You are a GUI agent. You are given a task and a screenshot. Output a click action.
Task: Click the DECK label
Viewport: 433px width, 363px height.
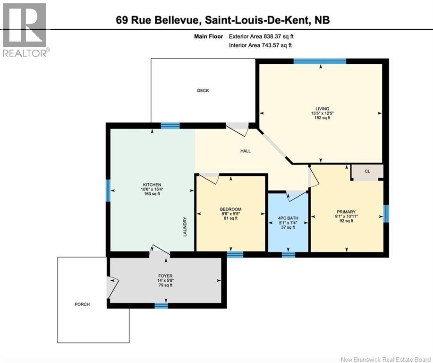point(203,90)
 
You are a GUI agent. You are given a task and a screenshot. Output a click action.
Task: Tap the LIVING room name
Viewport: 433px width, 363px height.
point(323,108)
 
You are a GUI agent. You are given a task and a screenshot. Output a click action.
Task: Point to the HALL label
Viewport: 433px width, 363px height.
point(245,151)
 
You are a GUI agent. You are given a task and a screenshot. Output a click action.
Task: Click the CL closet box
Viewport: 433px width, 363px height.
point(367,172)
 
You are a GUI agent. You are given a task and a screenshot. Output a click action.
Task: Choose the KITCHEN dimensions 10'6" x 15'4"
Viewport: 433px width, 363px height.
point(153,189)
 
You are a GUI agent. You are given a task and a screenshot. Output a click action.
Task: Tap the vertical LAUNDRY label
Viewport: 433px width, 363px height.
point(186,227)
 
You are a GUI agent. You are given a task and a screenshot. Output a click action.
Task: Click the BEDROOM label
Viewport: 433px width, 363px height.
point(230,209)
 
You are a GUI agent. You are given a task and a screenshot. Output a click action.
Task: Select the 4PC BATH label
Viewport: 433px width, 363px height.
point(288,218)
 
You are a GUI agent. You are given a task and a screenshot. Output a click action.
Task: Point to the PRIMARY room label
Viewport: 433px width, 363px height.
point(346,212)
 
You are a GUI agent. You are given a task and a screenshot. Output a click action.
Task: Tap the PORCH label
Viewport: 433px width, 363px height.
point(82,304)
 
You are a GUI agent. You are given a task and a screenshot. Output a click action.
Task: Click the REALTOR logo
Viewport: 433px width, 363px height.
point(25,29)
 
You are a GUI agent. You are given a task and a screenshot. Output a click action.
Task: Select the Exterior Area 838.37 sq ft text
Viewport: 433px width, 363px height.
point(264,36)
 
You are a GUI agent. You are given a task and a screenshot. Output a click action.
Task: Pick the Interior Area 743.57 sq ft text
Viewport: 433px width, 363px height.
point(260,45)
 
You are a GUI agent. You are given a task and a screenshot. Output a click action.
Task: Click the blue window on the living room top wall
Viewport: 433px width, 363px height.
point(320,60)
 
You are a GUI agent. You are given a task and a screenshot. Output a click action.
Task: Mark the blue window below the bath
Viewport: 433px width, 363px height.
point(289,255)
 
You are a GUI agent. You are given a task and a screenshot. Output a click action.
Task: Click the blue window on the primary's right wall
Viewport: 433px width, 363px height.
point(386,213)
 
